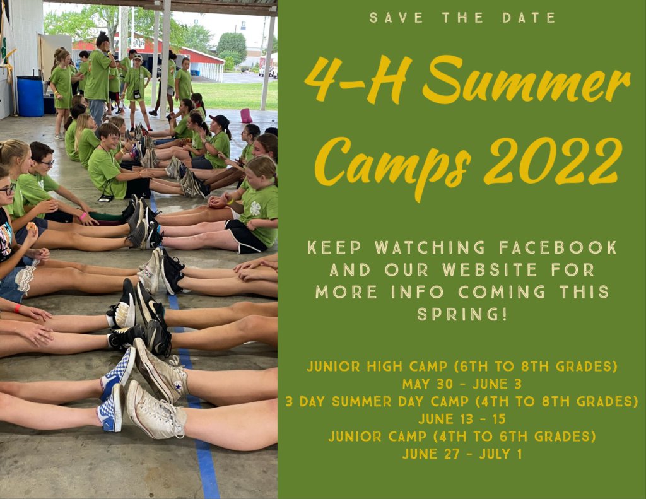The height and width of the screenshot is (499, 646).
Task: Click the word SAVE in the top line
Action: click(x=396, y=18)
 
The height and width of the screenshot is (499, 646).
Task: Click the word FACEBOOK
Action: click(x=558, y=248)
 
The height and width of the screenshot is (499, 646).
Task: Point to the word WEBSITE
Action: click(x=490, y=270)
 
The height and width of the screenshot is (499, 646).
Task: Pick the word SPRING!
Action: click(x=462, y=314)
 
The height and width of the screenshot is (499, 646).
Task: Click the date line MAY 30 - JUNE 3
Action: click(x=462, y=384)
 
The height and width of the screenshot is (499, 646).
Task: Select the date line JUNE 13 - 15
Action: click(x=462, y=419)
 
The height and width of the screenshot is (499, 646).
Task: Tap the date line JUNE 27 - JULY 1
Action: click(x=462, y=454)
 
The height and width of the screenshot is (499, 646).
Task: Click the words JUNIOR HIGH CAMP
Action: click(x=377, y=367)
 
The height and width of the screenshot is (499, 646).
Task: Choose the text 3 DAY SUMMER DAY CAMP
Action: click(x=377, y=401)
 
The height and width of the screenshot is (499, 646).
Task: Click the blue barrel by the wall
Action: click(x=30, y=96)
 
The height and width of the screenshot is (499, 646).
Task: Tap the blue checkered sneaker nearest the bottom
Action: click(x=111, y=408)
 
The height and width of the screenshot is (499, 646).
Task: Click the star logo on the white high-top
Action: click(x=178, y=387)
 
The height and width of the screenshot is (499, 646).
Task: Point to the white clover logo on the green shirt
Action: click(x=255, y=209)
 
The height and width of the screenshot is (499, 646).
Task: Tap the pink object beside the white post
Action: click(x=247, y=115)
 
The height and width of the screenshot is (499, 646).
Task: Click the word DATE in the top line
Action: click(x=529, y=18)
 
